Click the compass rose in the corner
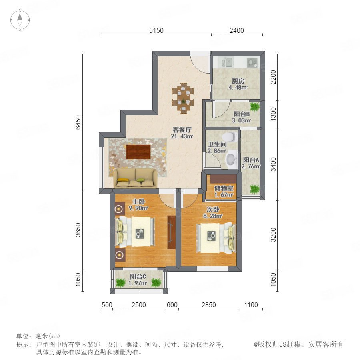(20, 20)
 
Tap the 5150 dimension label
(156, 30)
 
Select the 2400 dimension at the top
(237, 30)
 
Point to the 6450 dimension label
(78, 122)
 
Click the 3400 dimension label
(274, 164)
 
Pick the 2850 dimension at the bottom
(209, 305)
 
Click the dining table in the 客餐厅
(183, 98)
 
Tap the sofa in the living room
(136, 178)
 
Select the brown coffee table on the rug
(138, 152)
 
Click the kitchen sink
(227, 62)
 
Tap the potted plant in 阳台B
(254, 107)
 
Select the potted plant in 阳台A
(254, 189)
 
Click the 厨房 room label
(238, 81)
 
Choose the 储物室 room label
(224, 188)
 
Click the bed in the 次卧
(216, 238)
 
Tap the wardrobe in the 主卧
(172, 232)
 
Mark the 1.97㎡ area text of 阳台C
(138, 283)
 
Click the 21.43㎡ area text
(182, 136)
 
